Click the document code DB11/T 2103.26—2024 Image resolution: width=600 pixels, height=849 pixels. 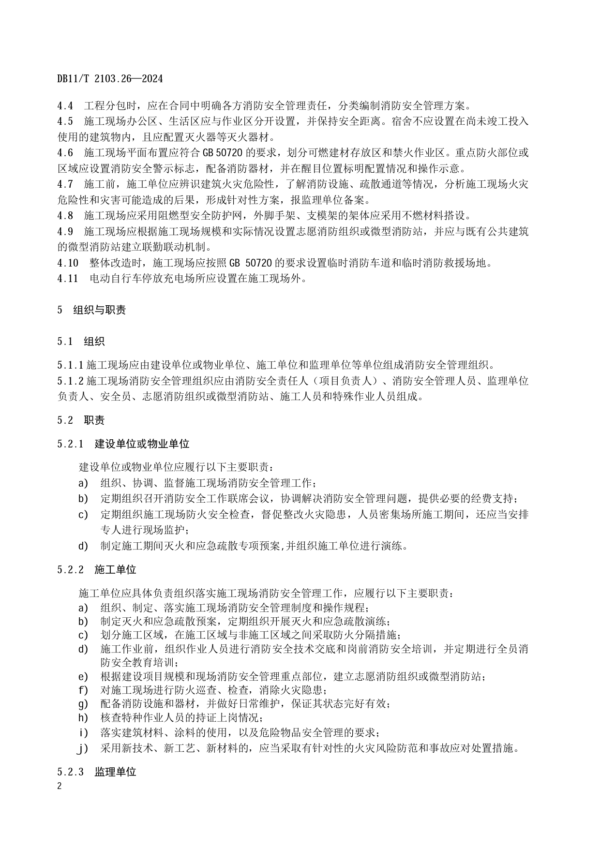(x=110, y=78)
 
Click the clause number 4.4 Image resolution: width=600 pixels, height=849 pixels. (x=65, y=105)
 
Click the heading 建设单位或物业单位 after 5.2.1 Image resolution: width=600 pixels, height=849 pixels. (x=142, y=444)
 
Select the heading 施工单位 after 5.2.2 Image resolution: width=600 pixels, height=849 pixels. (x=115, y=569)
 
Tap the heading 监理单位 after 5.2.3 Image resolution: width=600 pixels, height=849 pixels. (x=115, y=772)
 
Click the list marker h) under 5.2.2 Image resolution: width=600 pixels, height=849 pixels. (x=83, y=717)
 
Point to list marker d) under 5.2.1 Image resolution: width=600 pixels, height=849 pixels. (x=83, y=546)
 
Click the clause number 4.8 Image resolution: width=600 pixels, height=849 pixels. (x=65, y=216)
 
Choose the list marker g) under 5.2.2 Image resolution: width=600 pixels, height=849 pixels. (x=83, y=704)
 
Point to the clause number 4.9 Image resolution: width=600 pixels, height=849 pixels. (x=65, y=232)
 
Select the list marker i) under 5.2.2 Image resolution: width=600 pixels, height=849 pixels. (x=83, y=733)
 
